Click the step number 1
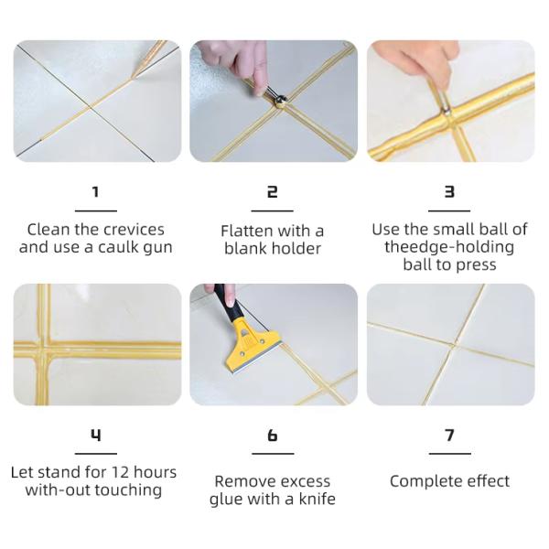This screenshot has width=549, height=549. coord(95,191)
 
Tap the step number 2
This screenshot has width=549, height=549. coord(272,191)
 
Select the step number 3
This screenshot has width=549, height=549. coord(449,191)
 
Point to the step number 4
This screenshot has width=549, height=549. coord(95,435)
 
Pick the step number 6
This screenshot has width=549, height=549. coord(273,435)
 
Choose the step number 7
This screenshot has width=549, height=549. coord(449,435)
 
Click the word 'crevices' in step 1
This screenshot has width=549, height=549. coord(135,230)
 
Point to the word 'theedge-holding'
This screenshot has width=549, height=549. coord(449,247)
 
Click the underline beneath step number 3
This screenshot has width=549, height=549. coord(449,211)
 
